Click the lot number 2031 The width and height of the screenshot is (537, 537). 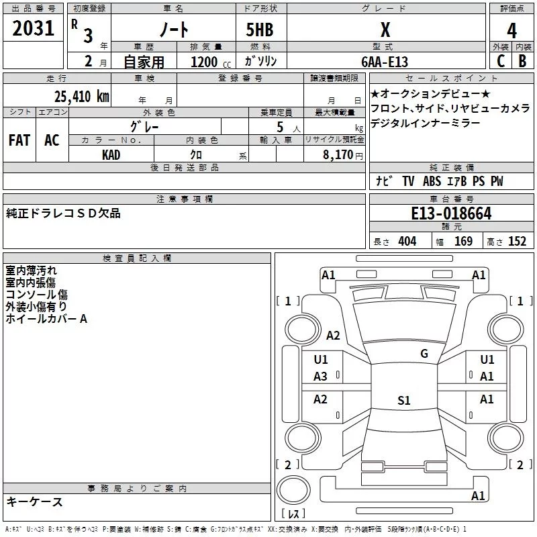point(34,29)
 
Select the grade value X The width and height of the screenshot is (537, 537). point(385,30)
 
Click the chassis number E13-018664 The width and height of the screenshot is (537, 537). point(451,213)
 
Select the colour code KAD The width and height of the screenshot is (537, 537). point(111,155)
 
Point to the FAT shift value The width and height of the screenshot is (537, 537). point(19,140)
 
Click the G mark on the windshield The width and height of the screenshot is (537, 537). point(424,354)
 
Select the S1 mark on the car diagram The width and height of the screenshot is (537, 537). point(403,401)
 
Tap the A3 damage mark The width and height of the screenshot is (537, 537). point(321,377)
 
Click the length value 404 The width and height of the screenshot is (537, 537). point(407,242)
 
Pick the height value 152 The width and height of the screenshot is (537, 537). point(517,242)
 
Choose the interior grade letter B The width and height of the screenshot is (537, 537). point(522,61)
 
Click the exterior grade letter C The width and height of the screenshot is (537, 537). point(500,61)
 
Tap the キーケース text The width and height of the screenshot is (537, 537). point(34,501)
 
